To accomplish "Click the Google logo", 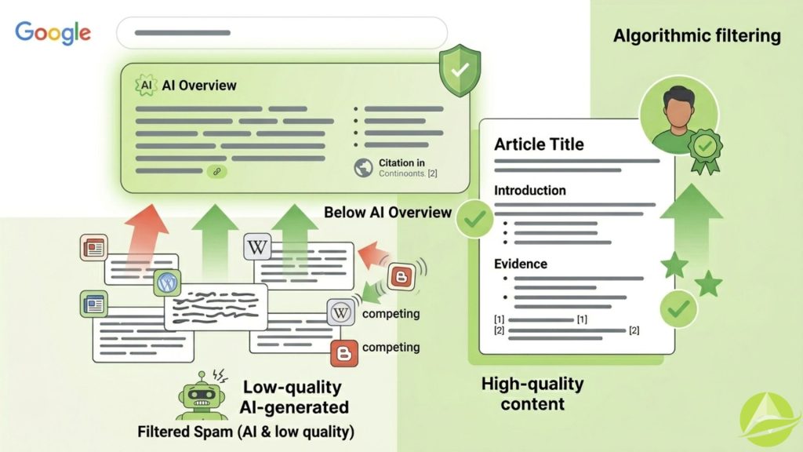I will tap(53, 33).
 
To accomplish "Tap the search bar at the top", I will tap(282, 33).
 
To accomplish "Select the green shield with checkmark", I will tap(459, 68).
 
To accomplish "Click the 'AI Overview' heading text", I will tap(199, 85).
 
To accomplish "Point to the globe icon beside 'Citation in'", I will tap(363, 167).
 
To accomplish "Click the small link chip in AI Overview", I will tap(216, 170).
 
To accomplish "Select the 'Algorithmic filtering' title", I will tap(696, 35).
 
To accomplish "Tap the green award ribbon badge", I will tap(705, 148).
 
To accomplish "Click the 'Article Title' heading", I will tap(538, 144).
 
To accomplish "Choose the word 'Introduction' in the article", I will tap(529, 190).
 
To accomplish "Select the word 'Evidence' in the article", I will tap(520, 264).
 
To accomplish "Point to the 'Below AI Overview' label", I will tap(387, 212).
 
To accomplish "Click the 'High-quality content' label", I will tap(532, 393).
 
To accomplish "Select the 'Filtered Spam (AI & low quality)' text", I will tap(245, 432).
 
